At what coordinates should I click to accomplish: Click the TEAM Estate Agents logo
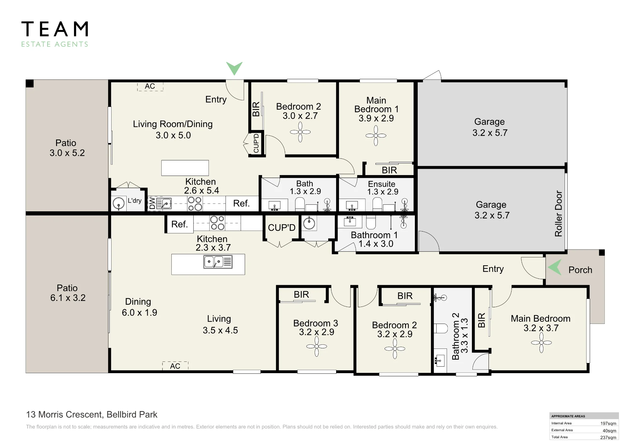tap(55, 34)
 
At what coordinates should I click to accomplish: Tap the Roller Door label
tap(558, 214)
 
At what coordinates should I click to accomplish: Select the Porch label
tap(580, 270)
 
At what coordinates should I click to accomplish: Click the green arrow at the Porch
tap(555, 267)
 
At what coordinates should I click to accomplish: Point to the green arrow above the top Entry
tap(234, 68)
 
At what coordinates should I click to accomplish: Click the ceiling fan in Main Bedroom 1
tap(376, 136)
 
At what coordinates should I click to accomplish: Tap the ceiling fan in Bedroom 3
tap(317, 346)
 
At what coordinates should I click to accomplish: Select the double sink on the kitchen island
tap(218, 262)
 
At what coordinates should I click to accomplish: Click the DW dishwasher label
tap(152, 203)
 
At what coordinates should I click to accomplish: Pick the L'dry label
tap(135, 201)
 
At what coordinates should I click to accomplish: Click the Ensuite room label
tap(381, 184)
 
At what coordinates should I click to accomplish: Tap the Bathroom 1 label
tap(374, 235)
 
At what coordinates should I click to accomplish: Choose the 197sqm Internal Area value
tap(608, 424)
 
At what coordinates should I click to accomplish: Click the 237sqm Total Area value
tap(608, 437)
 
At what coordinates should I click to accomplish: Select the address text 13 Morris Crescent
tap(65, 414)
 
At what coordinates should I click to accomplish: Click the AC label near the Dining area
tap(175, 366)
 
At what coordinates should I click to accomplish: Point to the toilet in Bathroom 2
tap(441, 328)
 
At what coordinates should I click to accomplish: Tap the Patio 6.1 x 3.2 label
tap(68, 293)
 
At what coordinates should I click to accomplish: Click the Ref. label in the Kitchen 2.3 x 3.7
tap(180, 224)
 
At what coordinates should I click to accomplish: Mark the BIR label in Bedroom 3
tap(301, 294)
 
